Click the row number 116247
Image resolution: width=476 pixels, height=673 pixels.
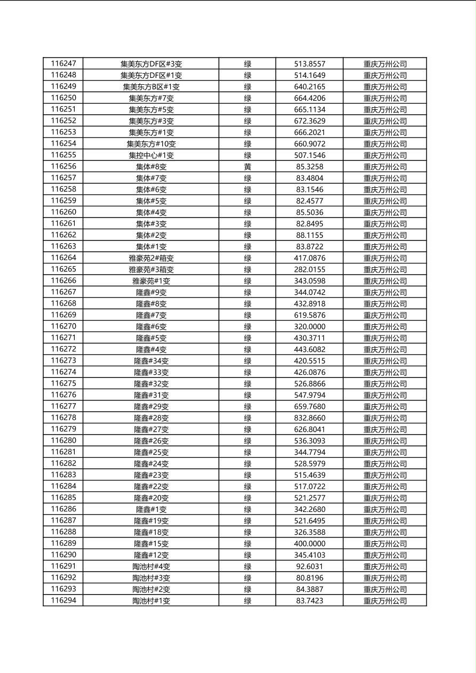coord(64,63)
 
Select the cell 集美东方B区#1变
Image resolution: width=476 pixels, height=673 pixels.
coord(151,86)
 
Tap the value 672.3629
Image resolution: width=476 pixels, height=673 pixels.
coord(310,121)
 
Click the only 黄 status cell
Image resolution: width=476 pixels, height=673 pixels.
coord(248,167)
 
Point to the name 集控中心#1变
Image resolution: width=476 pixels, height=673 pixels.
coord(151,155)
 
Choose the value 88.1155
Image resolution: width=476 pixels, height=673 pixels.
coord(310,235)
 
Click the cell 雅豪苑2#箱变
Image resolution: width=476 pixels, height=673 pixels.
coord(151,258)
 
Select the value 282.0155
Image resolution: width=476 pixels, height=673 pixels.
coord(310,269)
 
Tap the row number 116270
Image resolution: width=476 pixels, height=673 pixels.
coord(64,326)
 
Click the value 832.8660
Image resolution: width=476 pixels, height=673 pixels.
coord(310,418)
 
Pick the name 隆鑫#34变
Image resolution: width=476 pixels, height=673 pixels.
coord(151,361)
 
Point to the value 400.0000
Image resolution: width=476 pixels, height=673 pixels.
coord(310,543)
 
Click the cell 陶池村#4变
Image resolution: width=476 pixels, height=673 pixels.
coord(151,566)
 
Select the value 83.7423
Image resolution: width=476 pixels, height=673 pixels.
coord(310,601)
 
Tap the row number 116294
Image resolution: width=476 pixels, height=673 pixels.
coord(64,601)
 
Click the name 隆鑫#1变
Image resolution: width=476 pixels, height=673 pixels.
coord(151,509)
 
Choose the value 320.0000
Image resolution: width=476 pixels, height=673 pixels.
coord(310,326)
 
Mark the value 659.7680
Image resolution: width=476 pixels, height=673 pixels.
coord(310,406)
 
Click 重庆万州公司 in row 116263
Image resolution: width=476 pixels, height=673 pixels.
coord(385,246)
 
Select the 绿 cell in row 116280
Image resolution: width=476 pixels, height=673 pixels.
coord(248,441)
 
